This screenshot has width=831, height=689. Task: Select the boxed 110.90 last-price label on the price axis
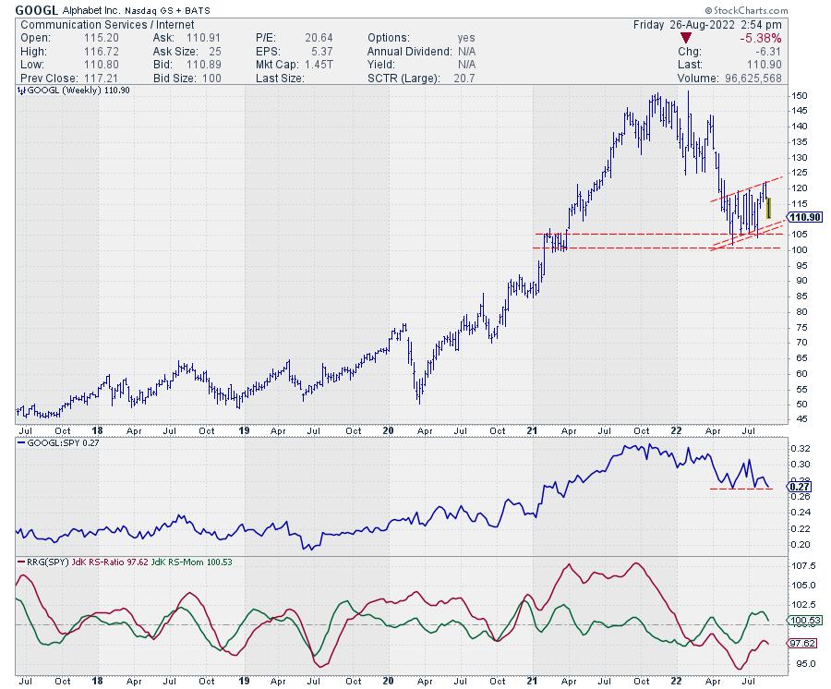click(x=806, y=217)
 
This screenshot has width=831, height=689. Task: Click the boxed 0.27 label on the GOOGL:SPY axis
click(x=802, y=488)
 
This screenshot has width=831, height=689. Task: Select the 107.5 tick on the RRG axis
click(x=804, y=565)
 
